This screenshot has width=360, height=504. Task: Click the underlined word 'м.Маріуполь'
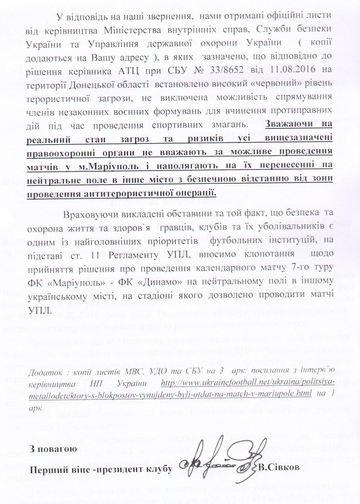pos(113,166)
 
